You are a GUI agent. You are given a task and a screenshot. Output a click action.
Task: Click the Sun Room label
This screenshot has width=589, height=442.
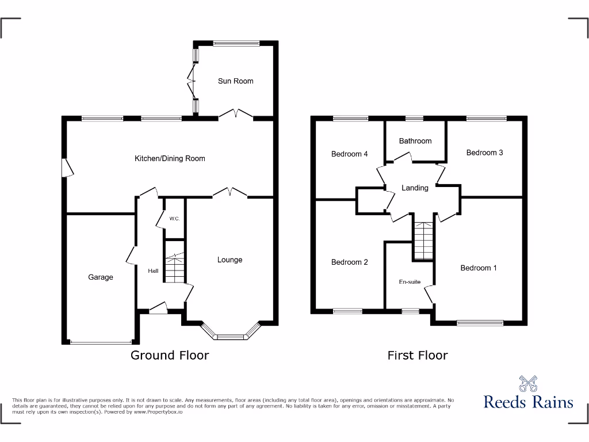235,81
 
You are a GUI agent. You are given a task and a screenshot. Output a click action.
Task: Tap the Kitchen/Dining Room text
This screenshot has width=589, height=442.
170,158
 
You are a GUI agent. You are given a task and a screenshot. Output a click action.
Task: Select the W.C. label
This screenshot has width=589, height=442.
174,219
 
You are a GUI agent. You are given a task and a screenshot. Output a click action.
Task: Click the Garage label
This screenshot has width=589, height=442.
101,277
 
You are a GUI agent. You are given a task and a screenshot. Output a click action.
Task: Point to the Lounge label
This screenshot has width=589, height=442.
230,260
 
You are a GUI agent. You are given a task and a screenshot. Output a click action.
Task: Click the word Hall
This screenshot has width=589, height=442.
153,271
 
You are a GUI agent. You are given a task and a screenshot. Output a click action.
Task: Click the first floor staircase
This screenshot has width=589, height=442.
424,241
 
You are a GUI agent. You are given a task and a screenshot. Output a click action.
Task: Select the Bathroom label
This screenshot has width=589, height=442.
415,141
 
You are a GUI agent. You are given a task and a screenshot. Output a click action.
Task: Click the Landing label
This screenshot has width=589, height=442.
415,188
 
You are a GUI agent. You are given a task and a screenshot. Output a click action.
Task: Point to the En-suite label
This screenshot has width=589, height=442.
410,282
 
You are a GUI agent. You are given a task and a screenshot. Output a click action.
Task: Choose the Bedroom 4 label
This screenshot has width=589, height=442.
349,154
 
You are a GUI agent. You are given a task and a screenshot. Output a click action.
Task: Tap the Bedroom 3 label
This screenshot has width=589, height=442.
484,153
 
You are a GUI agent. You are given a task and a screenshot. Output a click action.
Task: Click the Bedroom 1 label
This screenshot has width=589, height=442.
479,268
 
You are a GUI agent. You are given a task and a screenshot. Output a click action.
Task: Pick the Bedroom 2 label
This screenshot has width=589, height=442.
349,262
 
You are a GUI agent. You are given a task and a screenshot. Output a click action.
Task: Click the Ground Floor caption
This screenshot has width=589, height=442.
170,355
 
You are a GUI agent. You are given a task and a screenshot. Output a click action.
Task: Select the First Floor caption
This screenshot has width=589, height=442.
417,355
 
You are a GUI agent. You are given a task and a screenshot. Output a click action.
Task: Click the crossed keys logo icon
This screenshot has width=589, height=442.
528,383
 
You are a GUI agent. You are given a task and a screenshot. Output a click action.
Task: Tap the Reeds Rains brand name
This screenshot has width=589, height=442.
528,402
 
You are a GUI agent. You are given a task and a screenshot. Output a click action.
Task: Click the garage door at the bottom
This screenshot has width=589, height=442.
101,343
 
